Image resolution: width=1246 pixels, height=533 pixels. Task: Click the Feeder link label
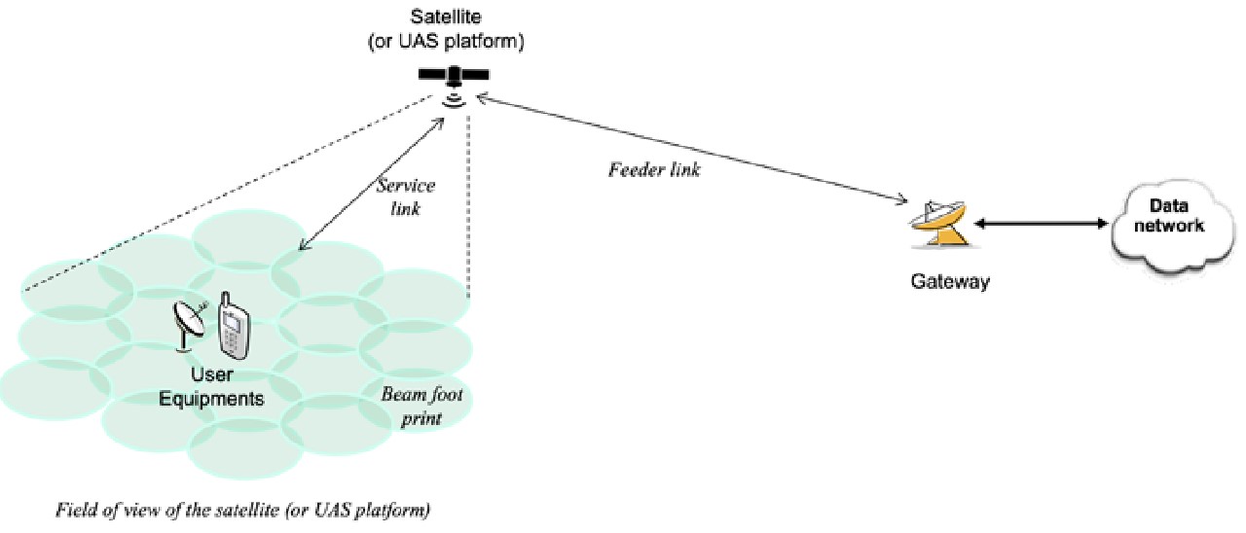tap(654, 169)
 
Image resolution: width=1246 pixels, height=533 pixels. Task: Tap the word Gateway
tap(950, 282)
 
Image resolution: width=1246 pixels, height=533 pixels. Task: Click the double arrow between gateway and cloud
tap(1042, 225)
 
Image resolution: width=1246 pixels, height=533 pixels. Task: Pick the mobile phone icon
tap(232, 323)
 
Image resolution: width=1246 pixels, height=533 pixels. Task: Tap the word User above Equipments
tap(225, 375)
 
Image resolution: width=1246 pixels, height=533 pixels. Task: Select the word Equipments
tap(225, 399)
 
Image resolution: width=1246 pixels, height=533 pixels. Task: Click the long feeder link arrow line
tap(691, 150)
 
